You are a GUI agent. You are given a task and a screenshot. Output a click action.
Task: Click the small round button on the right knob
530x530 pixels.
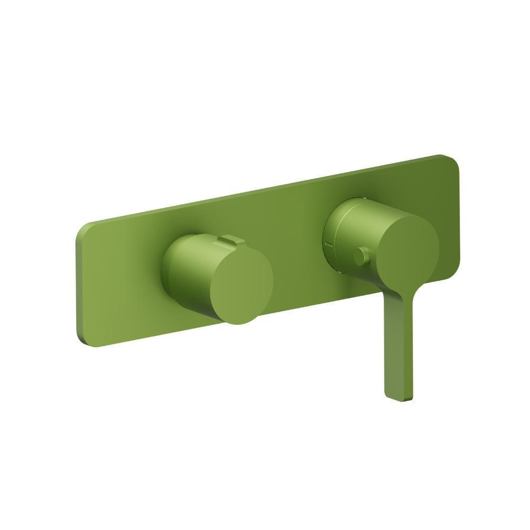[361, 257]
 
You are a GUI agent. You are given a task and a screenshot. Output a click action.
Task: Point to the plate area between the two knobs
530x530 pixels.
[297, 254]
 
